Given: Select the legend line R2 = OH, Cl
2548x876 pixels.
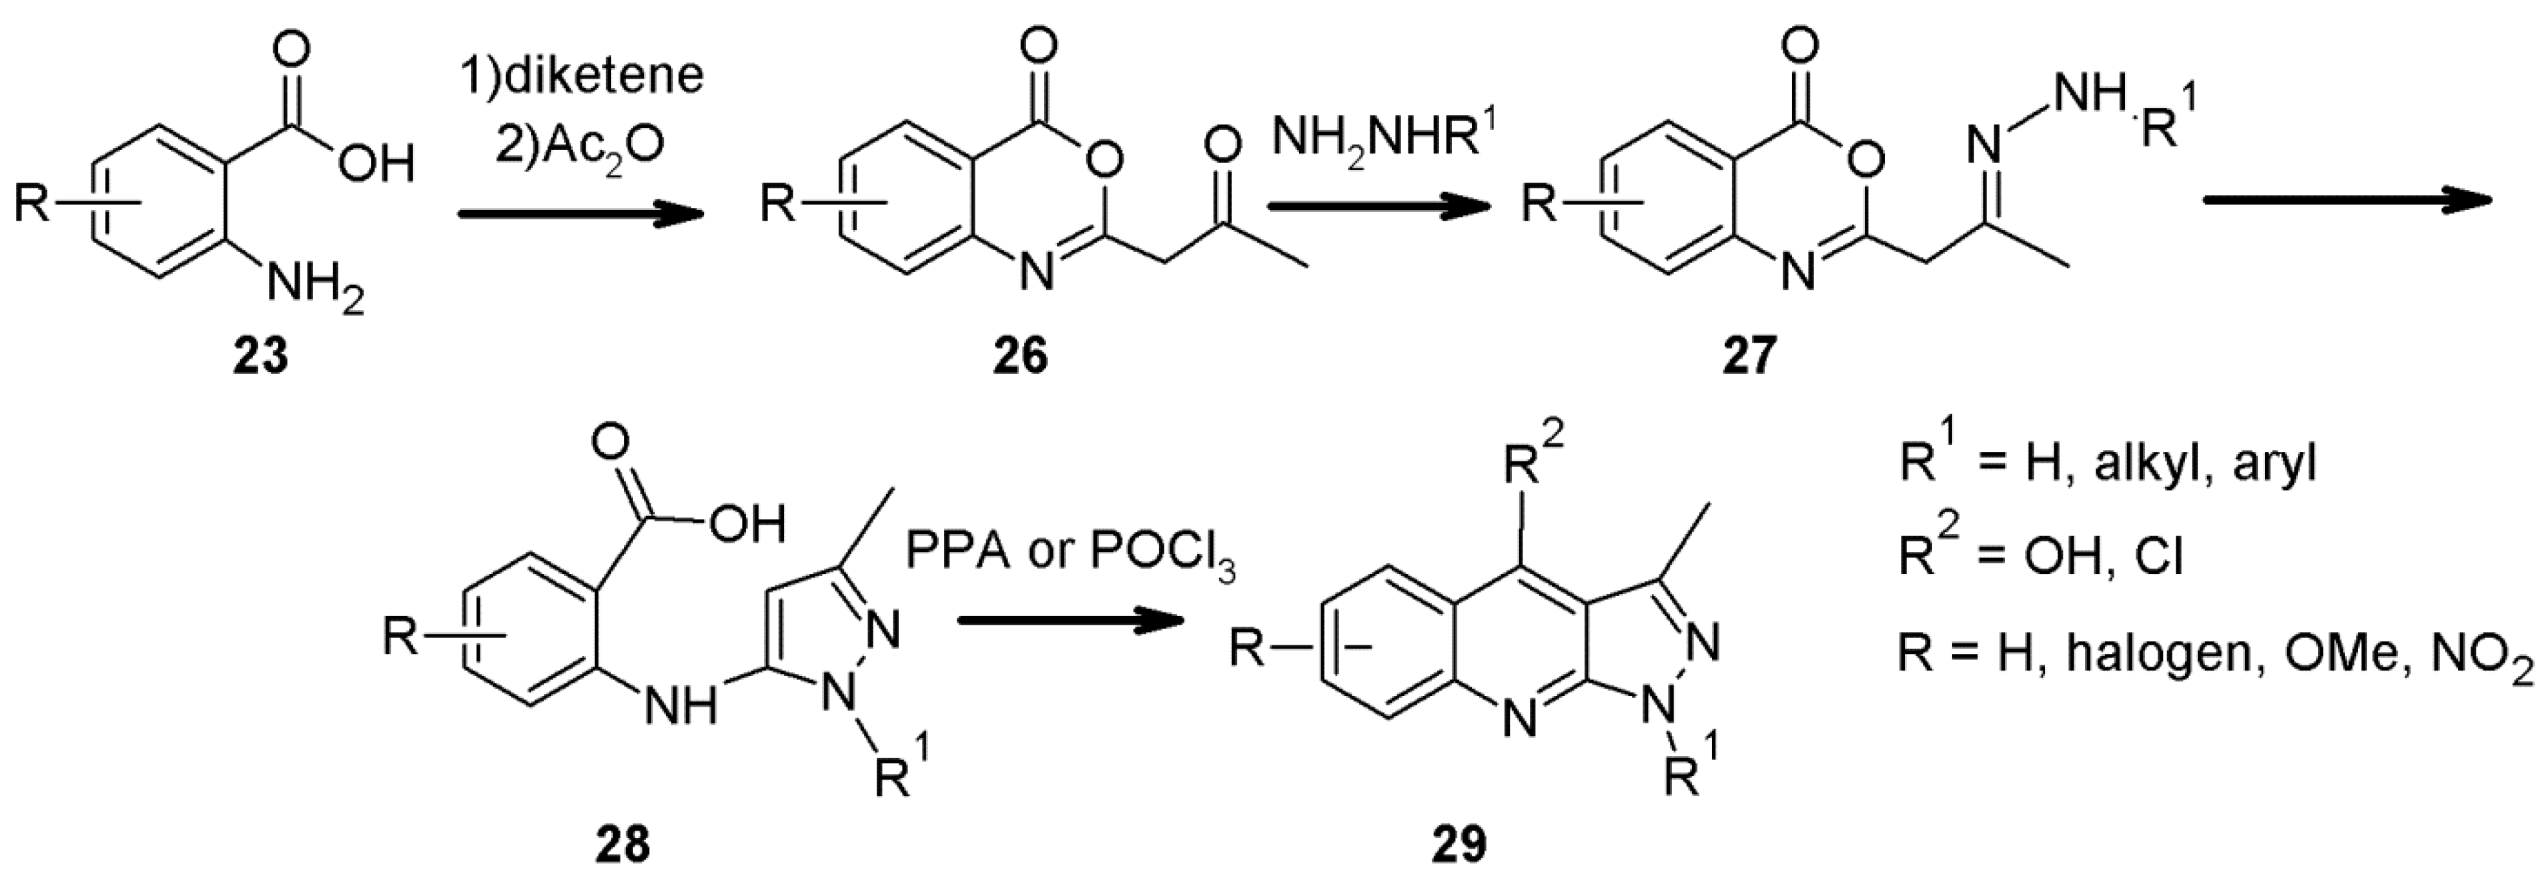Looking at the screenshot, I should [2040, 557].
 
